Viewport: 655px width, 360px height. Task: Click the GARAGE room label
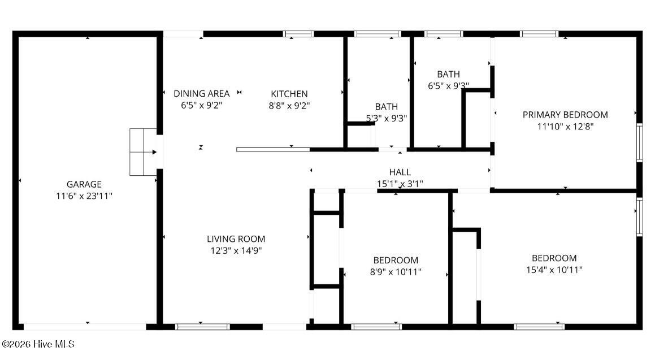(x=84, y=184)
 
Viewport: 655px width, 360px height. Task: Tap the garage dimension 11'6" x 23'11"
(x=84, y=196)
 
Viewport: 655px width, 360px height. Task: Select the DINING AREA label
(x=201, y=94)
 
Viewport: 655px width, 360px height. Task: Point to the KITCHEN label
(x=289, y=94)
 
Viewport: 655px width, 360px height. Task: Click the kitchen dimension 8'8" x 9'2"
(x=289, y=106)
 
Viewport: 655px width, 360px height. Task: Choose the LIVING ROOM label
(x=236, y=239)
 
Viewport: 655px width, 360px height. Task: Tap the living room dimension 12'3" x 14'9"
(x=236, y=250)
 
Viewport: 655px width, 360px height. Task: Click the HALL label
(x=400, y=172)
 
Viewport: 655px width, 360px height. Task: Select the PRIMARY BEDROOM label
(x=565, y=115)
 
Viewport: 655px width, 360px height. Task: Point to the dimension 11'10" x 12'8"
(x=565, y=127)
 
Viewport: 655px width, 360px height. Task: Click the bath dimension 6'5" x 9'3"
(x=448, y=86)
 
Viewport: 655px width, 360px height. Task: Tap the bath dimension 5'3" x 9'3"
(x=387, y=119)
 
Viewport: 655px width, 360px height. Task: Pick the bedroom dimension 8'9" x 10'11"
(x=396, y=272)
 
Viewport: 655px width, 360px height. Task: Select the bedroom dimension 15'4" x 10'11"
(x=554, y=270)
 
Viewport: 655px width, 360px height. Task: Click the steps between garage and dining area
(x=143, y=152)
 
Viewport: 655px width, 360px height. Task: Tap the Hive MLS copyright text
(x=38, y=344)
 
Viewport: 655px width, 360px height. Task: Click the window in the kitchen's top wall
(x=298, y=34)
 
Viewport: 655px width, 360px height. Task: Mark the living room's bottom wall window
(x=202, y=327)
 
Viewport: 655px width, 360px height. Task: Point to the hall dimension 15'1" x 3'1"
(x=400, y=184)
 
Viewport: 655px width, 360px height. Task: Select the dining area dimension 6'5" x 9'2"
(x=201, y=105)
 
